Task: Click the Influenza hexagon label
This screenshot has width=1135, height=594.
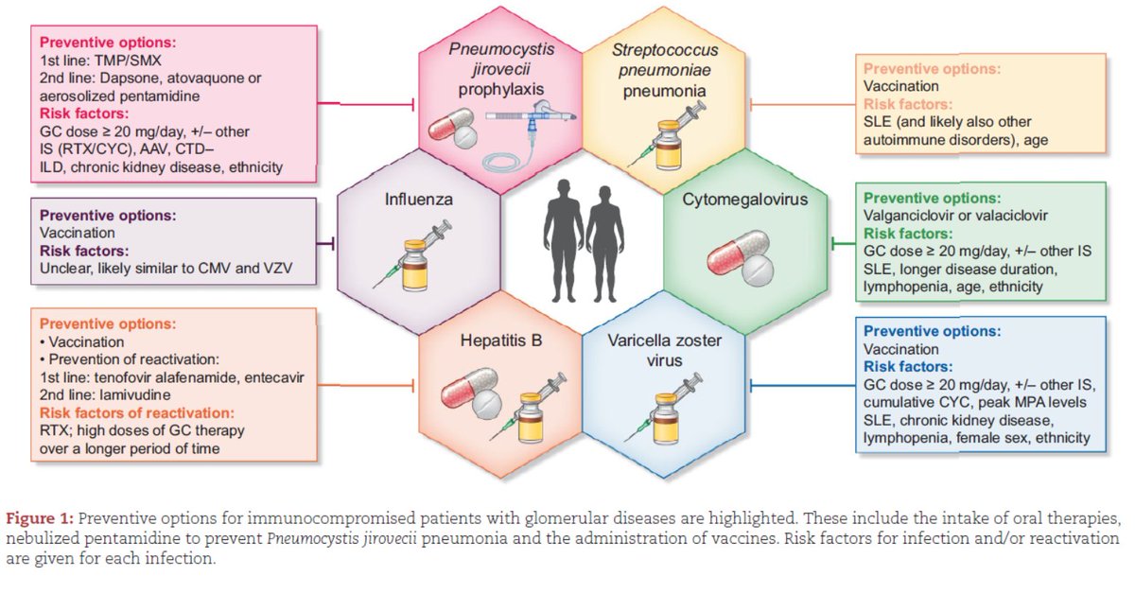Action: coord(418,200)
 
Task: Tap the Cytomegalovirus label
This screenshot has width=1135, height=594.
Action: coord(745,200)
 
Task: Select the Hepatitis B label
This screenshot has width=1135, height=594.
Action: coord(500,341)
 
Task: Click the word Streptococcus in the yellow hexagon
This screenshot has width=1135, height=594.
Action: coord(665,50)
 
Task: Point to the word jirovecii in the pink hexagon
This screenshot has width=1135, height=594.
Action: coord(501,69)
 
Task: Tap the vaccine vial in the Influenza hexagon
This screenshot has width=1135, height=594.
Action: coord(414,265)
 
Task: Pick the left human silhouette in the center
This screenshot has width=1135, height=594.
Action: coord(564,240)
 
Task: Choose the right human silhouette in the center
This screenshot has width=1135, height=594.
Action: coord(604,244)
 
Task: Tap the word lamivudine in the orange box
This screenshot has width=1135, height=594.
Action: coord(134,394)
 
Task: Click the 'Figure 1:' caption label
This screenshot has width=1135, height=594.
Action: coord(40,518)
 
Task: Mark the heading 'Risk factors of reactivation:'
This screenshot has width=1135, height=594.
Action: coord(137,413)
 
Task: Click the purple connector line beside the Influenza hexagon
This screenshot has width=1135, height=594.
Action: coord(324,244)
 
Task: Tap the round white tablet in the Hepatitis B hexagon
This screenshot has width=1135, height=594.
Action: coord(487,404)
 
